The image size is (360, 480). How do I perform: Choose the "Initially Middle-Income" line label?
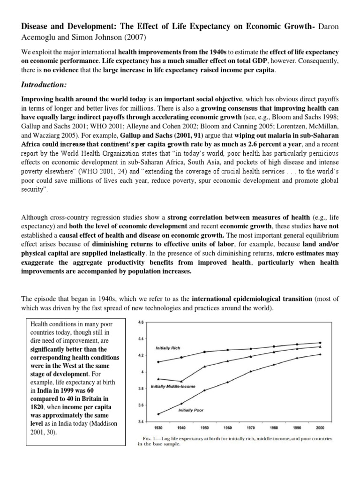tap(173, 387)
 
